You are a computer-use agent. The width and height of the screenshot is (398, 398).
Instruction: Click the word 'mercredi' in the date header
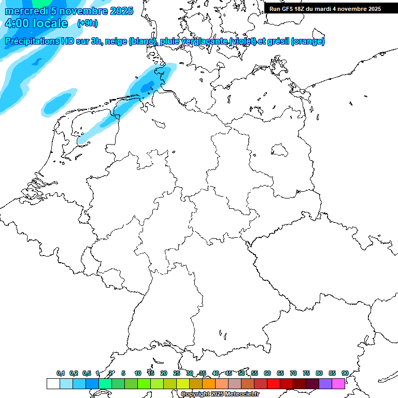pos(26,11)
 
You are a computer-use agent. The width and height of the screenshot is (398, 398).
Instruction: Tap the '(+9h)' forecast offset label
pos(87,23)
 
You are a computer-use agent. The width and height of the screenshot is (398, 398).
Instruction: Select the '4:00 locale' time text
pos(36,23)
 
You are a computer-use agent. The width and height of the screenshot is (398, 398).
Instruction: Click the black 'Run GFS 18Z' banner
pos(325,8)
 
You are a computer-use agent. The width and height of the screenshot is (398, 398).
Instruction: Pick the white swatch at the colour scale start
pos(53,383)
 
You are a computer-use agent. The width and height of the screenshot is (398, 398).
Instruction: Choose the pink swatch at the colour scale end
pos(338,383)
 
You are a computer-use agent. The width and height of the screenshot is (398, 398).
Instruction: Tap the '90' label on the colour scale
pos(345,373)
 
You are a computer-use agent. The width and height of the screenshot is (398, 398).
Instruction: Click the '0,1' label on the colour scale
pos(61,373)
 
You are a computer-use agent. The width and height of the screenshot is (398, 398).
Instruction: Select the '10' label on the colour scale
pos(138,373)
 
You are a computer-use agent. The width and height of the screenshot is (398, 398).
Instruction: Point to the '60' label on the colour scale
pos(267,373)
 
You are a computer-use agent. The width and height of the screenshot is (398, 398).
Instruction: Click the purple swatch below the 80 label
pos(325,383)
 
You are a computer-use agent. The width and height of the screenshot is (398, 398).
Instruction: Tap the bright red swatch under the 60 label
pos(274,383)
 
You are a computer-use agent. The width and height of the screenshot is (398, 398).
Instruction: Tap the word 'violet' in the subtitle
pos(251,41)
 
